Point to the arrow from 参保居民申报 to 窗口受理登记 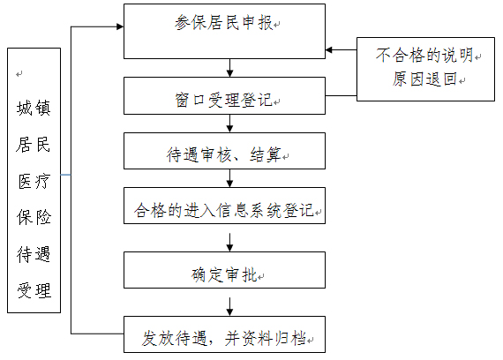[x=229, y=68]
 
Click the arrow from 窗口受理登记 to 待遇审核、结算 [x=229, y=124]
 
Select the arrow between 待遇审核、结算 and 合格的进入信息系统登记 [x=229, y=178]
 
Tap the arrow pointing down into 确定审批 [x=229, y=243]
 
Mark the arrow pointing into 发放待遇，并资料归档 [x=229, y=307]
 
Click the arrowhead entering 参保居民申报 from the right [x=329, y=50]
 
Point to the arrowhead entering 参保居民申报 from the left [x=120, y=26]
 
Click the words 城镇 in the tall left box [x=34, y=108]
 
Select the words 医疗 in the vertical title [x=34, y=181]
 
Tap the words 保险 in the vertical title [x=34, y=217]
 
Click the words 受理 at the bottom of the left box [x=34, y=290]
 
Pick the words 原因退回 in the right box [x=424, y=79]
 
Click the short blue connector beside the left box [x=66, y=175]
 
